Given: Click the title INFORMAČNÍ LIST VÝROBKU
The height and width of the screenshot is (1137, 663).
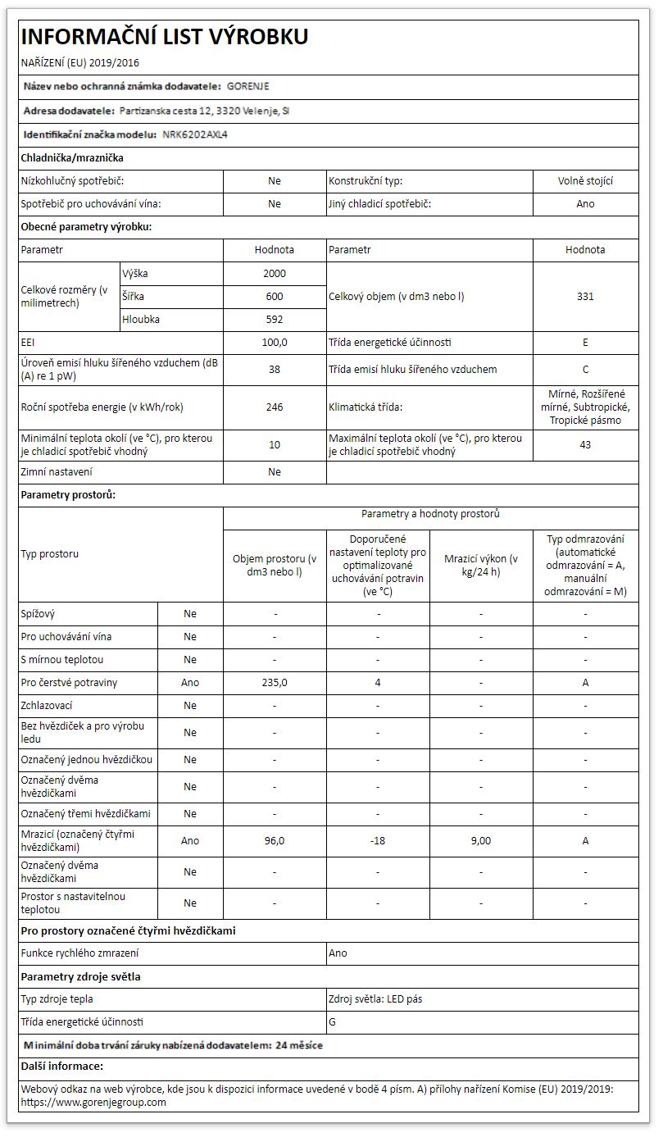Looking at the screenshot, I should [164, 37].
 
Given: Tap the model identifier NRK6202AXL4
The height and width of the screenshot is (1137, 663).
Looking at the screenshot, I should [194, 134].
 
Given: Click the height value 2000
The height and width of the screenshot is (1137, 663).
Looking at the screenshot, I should [275, 273].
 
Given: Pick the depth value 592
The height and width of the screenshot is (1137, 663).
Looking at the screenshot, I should [275, 319].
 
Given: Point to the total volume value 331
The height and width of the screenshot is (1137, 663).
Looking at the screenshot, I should [585, 296].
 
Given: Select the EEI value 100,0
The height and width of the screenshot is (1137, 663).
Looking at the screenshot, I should [275, 342].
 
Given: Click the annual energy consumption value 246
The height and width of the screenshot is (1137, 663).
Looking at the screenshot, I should [275, 407].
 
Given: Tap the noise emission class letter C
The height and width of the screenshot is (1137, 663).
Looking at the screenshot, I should [585, 369].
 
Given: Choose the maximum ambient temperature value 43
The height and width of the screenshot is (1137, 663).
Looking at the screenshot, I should [585, 444].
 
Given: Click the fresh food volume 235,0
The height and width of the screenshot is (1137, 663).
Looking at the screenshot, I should [275, 682].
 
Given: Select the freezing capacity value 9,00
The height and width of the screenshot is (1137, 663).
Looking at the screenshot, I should [481, 840].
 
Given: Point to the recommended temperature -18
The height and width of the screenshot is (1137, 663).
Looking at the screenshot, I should [378, 840].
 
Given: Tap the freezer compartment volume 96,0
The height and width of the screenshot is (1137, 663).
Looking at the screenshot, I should [275, 840].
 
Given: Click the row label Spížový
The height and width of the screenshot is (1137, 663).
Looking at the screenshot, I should [38, 613].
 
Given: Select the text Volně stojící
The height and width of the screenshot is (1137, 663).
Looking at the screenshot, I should [585, 181].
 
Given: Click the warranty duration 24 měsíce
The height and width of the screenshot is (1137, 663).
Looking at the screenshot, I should [299, 1045].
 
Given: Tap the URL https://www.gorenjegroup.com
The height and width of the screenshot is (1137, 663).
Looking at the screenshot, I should [93, 1103].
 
